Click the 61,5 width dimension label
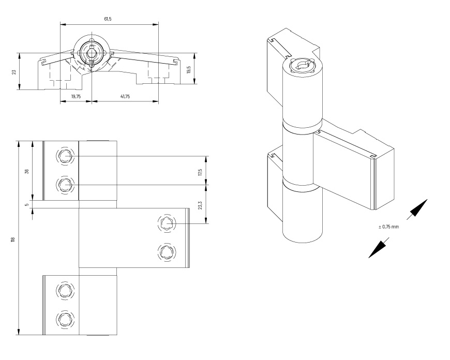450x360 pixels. [108, 19]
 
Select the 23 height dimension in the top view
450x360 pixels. [14, 72]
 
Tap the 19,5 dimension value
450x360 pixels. [189, 69]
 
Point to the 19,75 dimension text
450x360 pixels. [76, 96]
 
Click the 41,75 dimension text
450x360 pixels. [125, 96]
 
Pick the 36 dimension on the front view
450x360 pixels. [27, 171]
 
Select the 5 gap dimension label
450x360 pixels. [27, 205]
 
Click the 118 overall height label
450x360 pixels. [12, 239]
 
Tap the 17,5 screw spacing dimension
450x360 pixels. [200, 172]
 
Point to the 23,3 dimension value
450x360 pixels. [200, 205]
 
